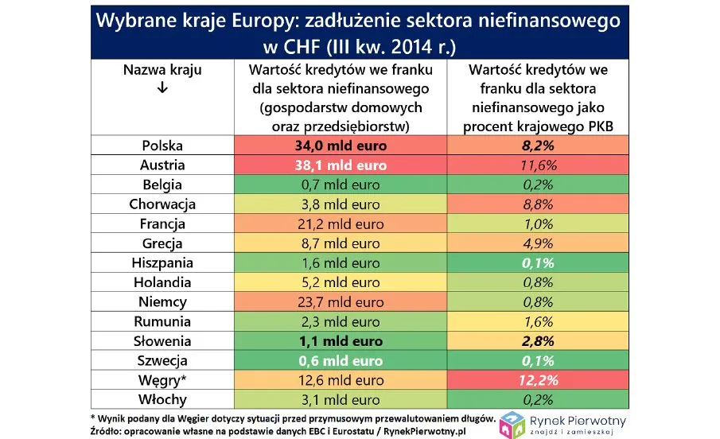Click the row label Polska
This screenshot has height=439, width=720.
pyautogui.click(x=162, y=146)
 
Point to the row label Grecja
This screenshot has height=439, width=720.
pyautogui.click(x=162, y=243)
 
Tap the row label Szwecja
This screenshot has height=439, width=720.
pyautogui.click(x=162, y=361)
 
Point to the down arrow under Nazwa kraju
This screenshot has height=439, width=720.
pyautogui.click(x=162, y=88)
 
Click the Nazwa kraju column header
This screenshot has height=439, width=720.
pyautogui.click(x=162, y=70)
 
